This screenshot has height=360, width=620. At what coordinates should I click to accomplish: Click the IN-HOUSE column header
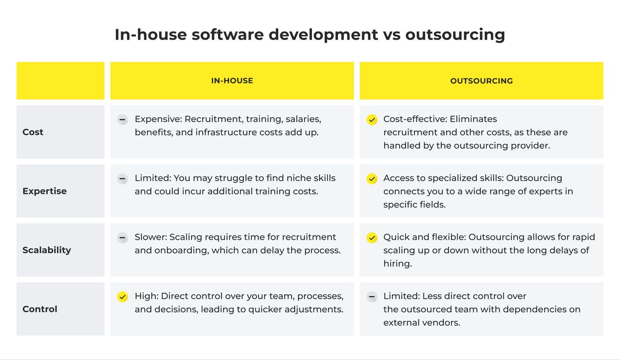[x=232, y=81]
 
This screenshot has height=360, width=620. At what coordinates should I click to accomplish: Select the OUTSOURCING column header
[x=481, y=81]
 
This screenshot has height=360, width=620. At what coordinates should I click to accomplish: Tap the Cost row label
[x=33, y=132]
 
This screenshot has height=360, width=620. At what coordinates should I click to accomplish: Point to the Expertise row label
[x=44, y=191]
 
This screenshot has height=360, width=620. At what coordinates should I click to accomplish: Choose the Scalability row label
[x=47, y=250]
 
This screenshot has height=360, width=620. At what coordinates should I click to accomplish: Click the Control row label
[x=40, y=309]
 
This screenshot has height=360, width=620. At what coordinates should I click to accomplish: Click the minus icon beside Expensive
[x=123, y=120]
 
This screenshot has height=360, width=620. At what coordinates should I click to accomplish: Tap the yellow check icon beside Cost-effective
[x=372, y=120]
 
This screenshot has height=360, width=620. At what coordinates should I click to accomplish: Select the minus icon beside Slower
[x=123, y=237]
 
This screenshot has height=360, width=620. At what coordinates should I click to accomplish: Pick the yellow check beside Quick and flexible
[x=372, y=237]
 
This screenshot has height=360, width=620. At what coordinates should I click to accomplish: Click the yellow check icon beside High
[x=123, y=297]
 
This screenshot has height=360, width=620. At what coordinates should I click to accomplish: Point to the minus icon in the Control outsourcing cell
[x=372, y=297]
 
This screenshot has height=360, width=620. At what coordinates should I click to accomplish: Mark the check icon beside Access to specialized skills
[x=372, y=179]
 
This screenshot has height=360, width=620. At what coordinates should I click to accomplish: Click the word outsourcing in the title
[x=455, y=35]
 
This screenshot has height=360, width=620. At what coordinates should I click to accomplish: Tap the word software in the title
[x=227, y=34]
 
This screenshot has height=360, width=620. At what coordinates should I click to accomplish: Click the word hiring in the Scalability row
[x=398, y=263]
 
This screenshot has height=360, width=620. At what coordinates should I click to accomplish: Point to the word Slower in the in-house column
[x=151, y=237]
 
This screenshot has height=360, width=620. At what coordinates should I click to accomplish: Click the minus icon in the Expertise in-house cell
[x=123, y=179]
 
